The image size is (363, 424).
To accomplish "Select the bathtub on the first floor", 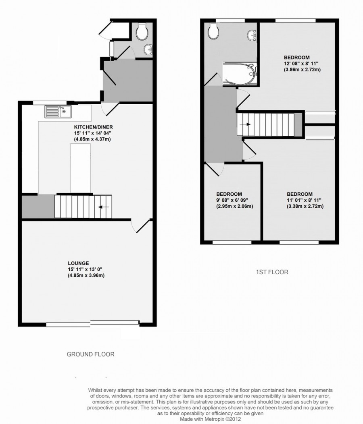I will coord(240,74).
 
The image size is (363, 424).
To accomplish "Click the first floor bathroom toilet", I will coord(212,32).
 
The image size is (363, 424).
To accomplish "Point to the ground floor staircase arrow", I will coord(104,207).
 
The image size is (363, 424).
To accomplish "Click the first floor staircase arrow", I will coord(244,124).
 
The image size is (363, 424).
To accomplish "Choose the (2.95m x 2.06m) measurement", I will coord(234,207).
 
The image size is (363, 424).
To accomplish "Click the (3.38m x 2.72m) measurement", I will coord(305,207).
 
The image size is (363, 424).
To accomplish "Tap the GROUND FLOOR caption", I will coord(90,354).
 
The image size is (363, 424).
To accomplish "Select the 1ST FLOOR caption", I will coord(272,272).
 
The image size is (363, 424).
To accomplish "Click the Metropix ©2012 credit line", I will coord(247,419).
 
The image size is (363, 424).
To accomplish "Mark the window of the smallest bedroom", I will coord(232,242).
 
